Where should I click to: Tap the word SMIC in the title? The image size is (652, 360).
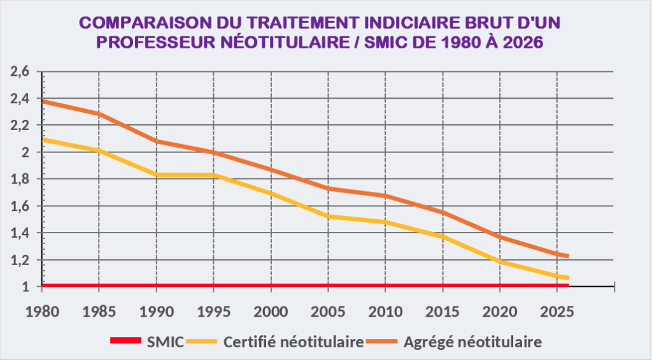click(402, 43)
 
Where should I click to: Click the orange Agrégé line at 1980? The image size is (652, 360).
click(43, 101)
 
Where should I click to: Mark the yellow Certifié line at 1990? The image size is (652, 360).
click(157, 174)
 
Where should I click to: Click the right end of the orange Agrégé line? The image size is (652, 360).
click(567, 256)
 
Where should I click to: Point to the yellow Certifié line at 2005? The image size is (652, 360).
click(329, 217)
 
